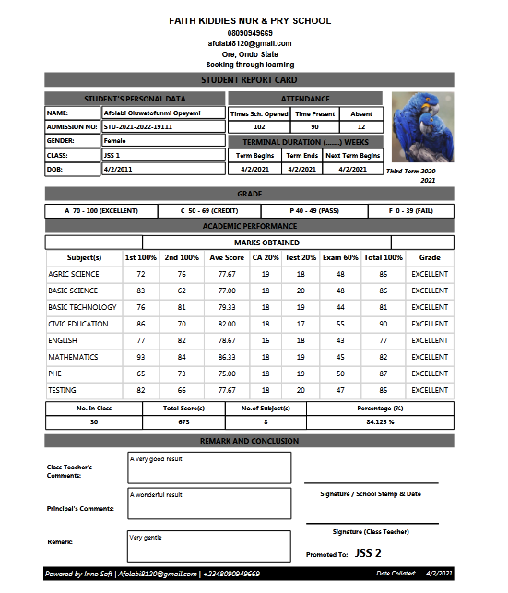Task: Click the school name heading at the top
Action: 250,20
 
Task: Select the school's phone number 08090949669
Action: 250,32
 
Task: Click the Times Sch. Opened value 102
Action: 259,126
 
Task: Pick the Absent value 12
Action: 360,126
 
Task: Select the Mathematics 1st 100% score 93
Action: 141,357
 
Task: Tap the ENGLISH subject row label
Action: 63,340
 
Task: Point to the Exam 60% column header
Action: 339,257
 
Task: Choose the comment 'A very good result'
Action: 158,458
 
